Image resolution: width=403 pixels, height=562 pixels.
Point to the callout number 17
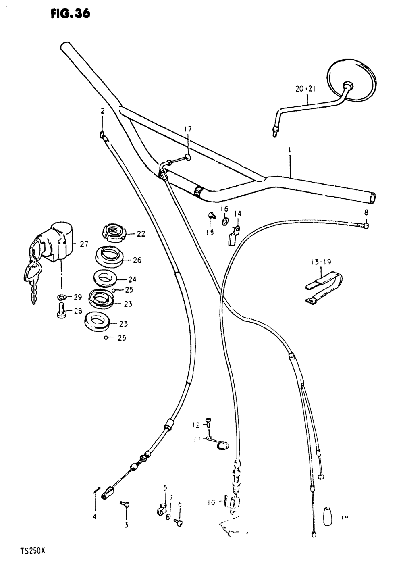point(188,129)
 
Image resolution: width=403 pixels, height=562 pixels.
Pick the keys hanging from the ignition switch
point(31,278)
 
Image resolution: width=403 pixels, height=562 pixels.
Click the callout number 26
point(137,260)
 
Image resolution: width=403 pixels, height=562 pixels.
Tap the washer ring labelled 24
point(104,278)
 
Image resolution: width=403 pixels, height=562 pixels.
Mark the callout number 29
point(78,297)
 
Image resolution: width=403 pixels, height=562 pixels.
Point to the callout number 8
point(366,212)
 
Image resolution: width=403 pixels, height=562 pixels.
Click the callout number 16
point(224,208)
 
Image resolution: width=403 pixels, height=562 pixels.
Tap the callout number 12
point(196,425)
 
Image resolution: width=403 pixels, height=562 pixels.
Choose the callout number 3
point(126,525)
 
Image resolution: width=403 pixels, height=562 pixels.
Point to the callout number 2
point(102,111)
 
